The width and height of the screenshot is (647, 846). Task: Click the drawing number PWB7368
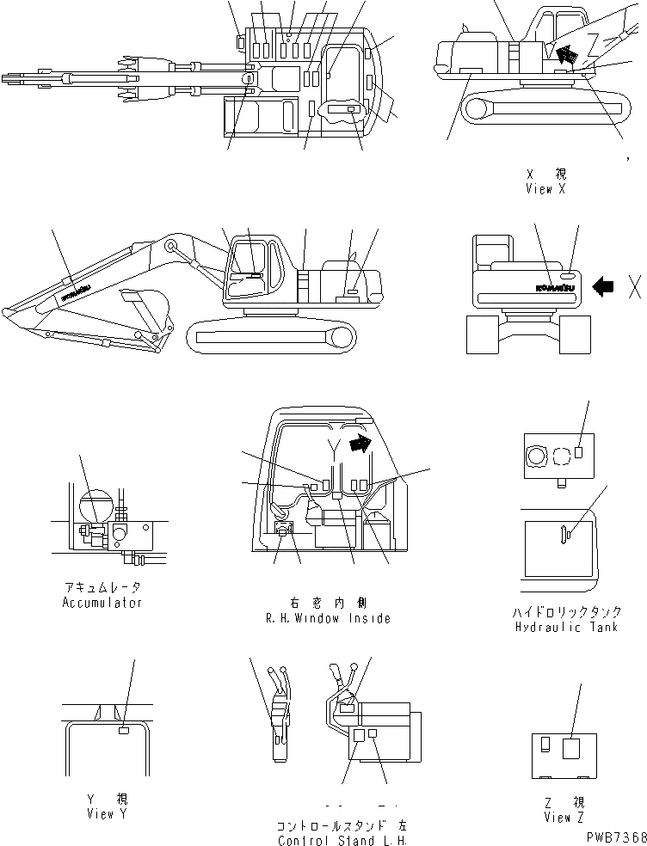pyautogui.click(x=613, y=837)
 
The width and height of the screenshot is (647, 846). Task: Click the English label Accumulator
pyautogui.click(x=102, y=603)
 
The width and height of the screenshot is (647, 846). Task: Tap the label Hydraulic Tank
pyautogui.click(x=567, y=627)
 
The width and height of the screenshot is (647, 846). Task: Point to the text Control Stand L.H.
pyautogui.click(x=341, y=840)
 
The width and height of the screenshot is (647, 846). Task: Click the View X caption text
pyautogui.click(x=545, y=189)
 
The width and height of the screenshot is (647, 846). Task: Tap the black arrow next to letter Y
pyautogui.click(x=360, y=442)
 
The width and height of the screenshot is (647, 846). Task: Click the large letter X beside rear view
pyautogui.click(x=634, y=287)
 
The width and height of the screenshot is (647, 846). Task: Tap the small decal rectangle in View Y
pyautogui.click(x=124, y=731)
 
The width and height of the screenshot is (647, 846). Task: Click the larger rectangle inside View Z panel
pyautogui.click(x=571, y=750)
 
